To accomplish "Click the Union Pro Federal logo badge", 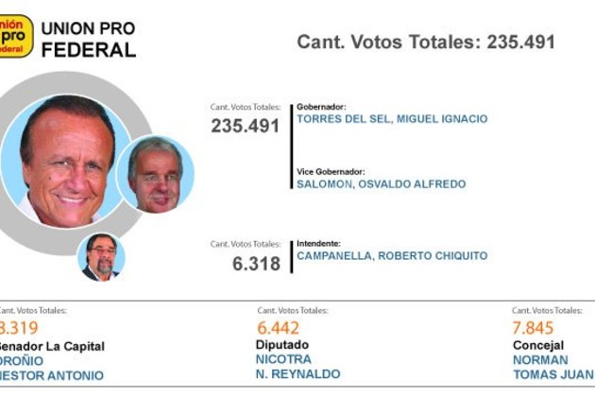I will click(x=16, y=36).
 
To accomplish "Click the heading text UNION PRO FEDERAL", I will click(x=89, y=40).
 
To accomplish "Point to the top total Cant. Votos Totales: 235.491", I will click(x=425, y=42).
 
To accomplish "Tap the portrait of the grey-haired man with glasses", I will click(x=156, y=175).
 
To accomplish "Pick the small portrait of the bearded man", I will click(x=101, y=256).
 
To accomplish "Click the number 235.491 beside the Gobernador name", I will click(x=245, y=126).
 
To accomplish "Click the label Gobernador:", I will click(x=321, y=107).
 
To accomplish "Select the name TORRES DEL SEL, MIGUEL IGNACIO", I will click(x=392, y=119).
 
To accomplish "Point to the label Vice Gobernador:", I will click(x=331, y=171).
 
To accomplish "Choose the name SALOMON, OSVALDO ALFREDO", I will click(x=381, y=184).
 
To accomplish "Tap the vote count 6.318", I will click(x=256, y=264).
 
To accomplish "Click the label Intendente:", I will click(x=318, y=243).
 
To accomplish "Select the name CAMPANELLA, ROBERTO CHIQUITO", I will click(x=392, y=256).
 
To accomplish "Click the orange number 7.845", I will click(x=534, y=328).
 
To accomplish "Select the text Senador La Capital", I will click(x=52, y=346).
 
